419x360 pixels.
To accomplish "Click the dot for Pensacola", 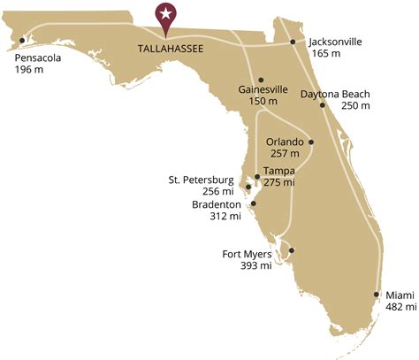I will coord(21,39).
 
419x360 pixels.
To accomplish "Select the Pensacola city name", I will coord(39,59).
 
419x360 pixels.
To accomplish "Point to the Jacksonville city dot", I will coord(293,42).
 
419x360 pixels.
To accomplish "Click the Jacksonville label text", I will coord(336,42).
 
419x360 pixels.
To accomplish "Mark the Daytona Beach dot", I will coord(323,105).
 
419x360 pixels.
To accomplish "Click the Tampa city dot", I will coord(257,176).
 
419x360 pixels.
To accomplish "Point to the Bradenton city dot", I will coord(251,204).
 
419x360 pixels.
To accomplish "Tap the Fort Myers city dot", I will coord(292,250).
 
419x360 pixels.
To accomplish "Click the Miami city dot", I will coord(377,295).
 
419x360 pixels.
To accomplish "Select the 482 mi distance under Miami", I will coord(399,307).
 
